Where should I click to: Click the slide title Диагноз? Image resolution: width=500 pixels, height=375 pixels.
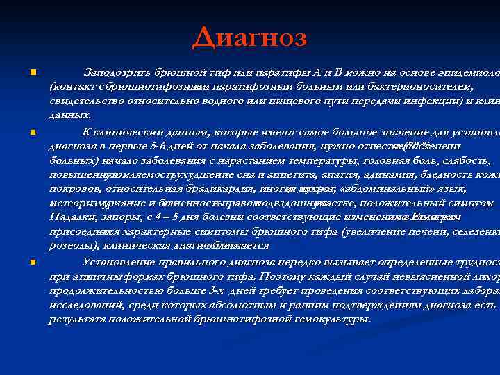pyautogui.click(x=249, y=36)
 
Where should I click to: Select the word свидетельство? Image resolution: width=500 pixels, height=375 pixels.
pyautogui.click(x=83, y=101)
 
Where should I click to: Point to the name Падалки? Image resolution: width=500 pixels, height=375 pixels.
pyautogui.click(x=72, y=216)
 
